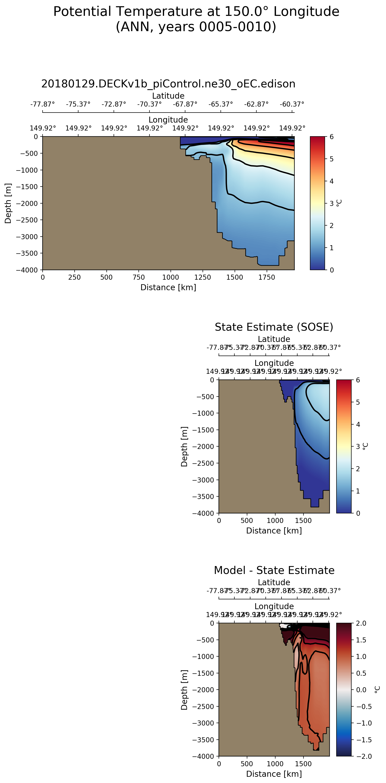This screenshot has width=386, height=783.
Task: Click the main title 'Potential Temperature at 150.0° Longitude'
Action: point(196,11)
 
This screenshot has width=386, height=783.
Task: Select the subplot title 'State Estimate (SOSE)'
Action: point(274,327)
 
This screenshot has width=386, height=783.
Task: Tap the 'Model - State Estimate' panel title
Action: point(274,570)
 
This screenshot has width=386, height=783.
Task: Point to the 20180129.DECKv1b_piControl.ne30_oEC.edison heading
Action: point(168,84)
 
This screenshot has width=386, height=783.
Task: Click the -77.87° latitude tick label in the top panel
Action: point(43,104)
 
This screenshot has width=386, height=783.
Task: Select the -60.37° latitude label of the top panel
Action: point(292,104)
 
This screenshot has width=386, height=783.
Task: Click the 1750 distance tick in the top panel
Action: point(267,277)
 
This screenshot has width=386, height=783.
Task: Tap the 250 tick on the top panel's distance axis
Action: point(74,277)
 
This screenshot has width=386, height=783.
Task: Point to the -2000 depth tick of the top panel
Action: point(27,203)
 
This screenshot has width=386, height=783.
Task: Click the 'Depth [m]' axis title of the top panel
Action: point(8,203)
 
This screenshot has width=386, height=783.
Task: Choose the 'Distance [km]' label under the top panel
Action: point(168,287)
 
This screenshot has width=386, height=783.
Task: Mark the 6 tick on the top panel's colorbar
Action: point(331,137)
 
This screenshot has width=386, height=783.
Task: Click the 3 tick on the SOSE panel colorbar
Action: point(358,447)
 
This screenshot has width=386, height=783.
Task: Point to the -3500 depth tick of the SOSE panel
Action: point(203,497)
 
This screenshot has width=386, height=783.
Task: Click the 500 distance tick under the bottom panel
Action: point(247,764)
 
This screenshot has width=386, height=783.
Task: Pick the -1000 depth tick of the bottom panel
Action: point(203,657)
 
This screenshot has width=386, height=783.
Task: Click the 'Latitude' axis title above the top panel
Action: point(168,96)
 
